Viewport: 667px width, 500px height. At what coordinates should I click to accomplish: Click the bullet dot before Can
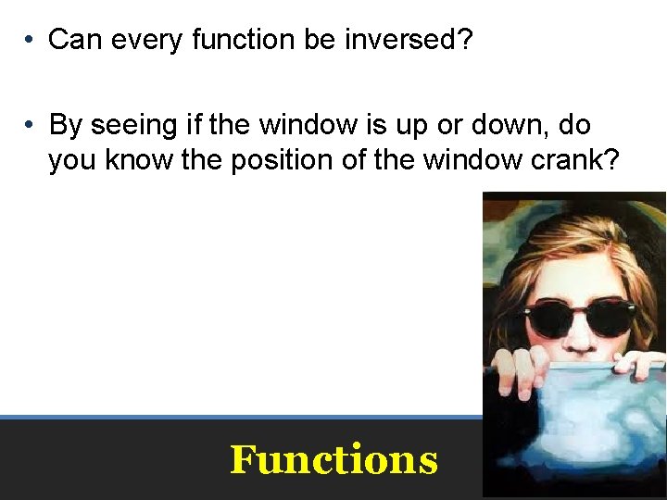click(31, 40)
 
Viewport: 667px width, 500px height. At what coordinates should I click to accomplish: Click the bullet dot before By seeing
click(31, 124)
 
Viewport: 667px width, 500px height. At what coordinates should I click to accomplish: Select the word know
click(137, 160)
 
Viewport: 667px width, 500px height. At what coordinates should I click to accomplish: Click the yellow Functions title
click(333, 459)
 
